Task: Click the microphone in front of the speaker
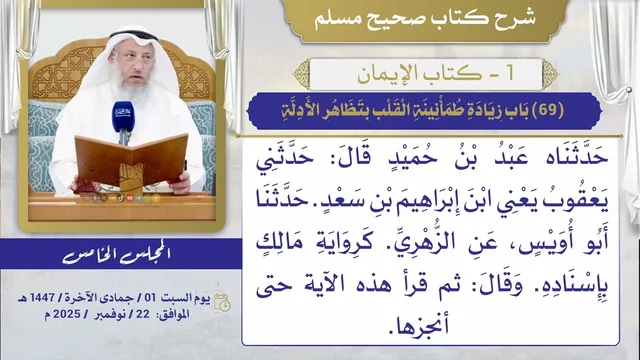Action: (x=123, y=119)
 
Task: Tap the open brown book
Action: (x=131, y=161)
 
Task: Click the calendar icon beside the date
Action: (x=222, y=302)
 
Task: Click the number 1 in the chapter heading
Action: (x=509, y=74)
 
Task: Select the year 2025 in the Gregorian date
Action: (x=67, y=314)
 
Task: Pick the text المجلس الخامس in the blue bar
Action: (x=117, y=255)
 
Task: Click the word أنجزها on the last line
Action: (x=418, y=327)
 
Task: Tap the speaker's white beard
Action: (x=132, y=86)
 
